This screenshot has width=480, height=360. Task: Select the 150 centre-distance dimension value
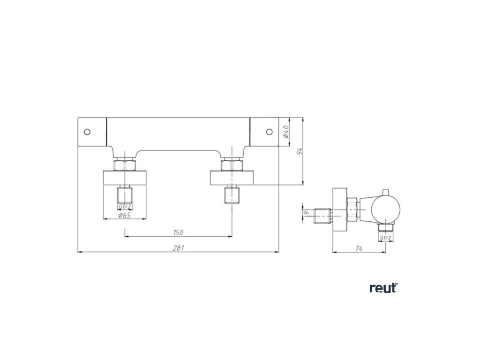click(x=178, y=232)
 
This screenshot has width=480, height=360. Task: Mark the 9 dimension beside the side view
click(x=307, y=213)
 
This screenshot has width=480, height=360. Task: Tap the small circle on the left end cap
click(x=87, y=131)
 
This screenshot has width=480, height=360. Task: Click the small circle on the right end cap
click(x=269, y=131)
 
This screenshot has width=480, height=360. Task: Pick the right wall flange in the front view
click(x=232, y=179)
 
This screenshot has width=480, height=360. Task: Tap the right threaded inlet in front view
click(x=231, y=195)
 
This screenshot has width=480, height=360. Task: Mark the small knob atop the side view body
click(x=385, y=193)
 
